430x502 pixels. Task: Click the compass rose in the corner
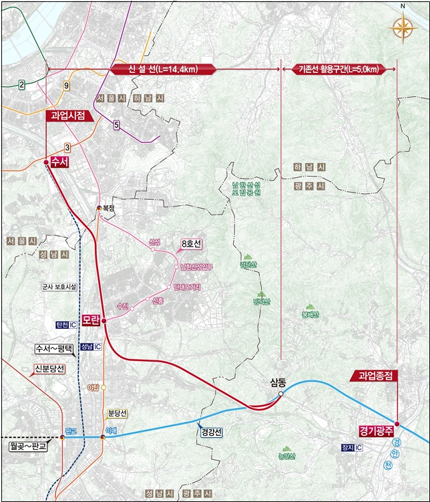pos(403,28)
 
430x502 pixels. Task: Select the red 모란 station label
pos(91,320)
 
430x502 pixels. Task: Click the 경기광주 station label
pos(374,426)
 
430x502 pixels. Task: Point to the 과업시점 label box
pos(69,116)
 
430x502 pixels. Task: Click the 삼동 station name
pos(278,382)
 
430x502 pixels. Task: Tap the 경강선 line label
pos(211,432)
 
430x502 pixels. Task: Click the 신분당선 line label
pos(50,368)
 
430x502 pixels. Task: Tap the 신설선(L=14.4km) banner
pos(161,69)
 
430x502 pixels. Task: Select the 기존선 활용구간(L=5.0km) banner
pos(339,69)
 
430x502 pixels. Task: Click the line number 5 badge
pos(116,125)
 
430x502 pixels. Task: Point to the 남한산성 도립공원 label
pos(246,188)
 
